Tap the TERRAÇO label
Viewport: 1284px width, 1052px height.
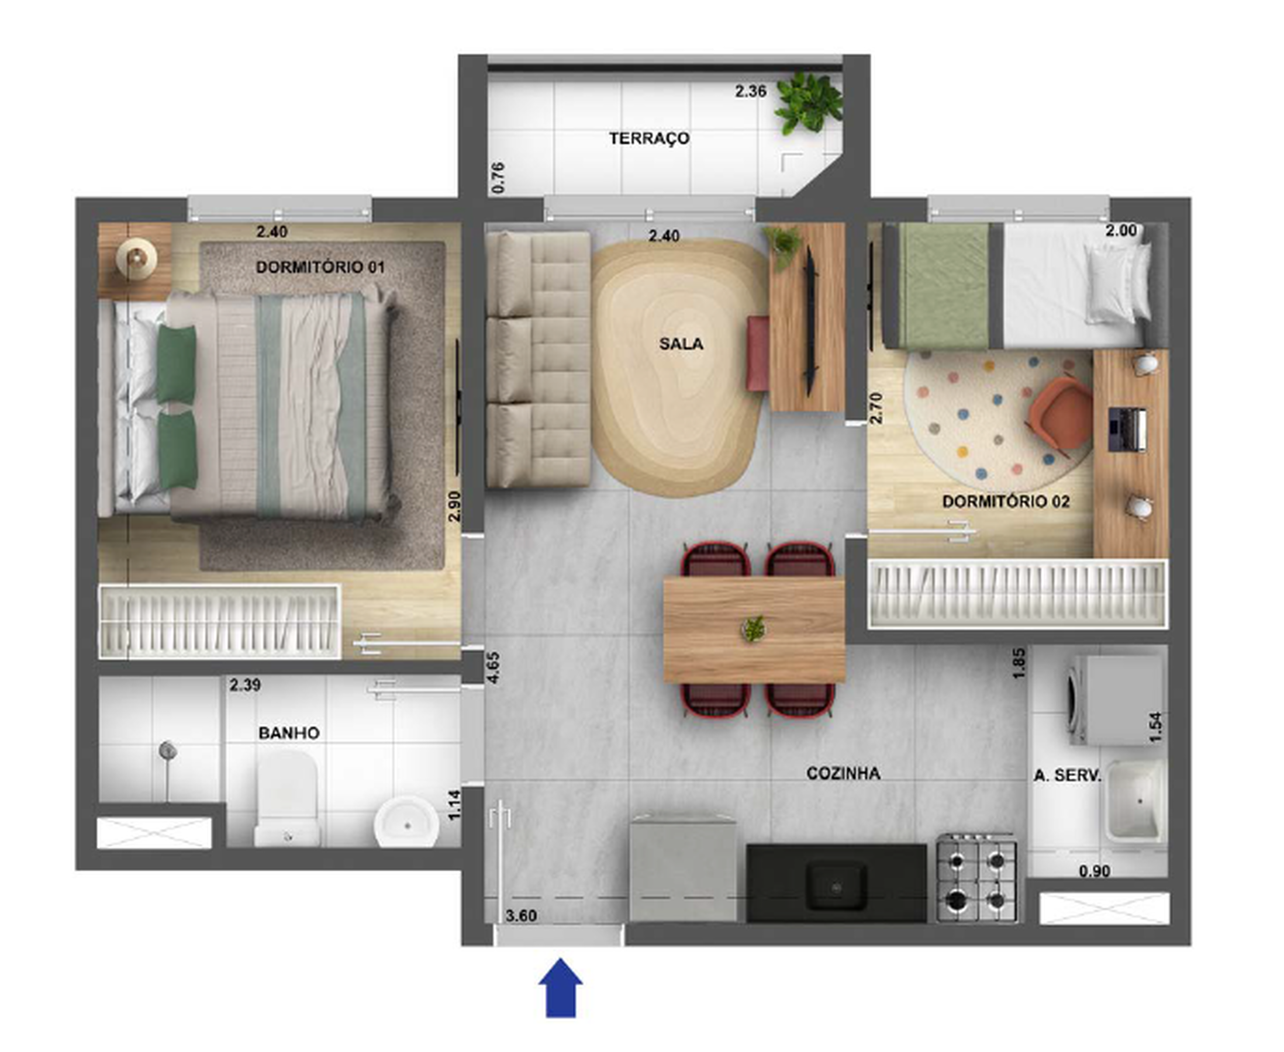coord(649,139)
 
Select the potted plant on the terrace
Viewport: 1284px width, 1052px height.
coord(809,103)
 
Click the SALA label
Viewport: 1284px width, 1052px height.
coord(681,344)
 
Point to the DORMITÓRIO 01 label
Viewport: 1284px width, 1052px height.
coord(320,267)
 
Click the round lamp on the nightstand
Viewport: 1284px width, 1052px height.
coord(136,258)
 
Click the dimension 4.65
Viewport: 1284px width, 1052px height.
coord(493,667)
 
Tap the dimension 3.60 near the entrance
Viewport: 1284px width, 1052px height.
coord(521,916)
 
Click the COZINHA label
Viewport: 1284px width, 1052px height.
coord(843,773)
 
